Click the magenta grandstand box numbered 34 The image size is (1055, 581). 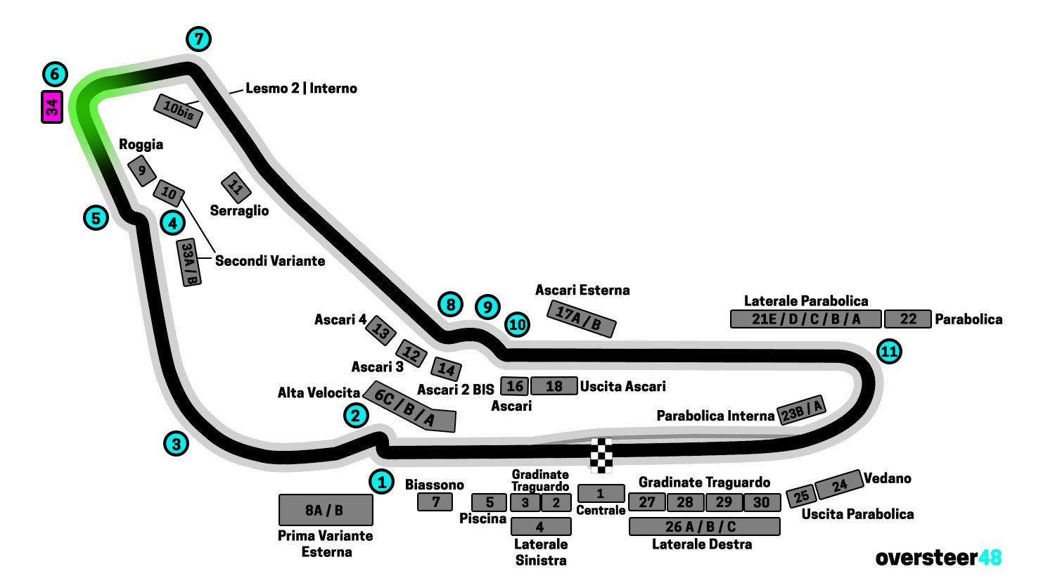click(52, 107)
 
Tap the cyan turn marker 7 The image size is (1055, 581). click(199, 39)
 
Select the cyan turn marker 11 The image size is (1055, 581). click(890, 351)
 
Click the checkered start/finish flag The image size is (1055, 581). click(601, 455)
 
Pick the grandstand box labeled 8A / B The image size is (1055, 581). click(326, 510)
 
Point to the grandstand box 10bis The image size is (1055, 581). click(178, 110)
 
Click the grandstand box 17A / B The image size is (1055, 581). click(582, 319)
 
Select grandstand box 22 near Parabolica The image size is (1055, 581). click(907, 319)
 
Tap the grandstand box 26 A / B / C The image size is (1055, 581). click(704, 526)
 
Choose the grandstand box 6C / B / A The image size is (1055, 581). click(409, 409)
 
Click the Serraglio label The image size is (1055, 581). click(239, 210)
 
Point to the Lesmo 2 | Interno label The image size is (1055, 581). click(301, 88)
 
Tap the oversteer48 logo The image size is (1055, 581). click(938, 558)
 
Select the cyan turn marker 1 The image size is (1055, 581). click(382, 482)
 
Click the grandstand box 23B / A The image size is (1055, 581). click(800, 409)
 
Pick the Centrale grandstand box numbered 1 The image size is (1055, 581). click(601, 494)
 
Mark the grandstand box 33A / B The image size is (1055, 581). click(188, 262)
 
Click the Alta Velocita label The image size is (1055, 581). click(319, 392)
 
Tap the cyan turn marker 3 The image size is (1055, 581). click(177, 444)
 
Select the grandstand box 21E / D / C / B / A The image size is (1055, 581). click(805, 319)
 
